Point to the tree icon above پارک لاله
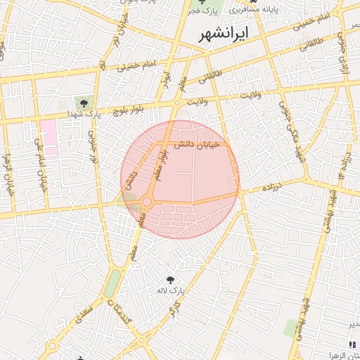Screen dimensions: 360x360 click(169, 280)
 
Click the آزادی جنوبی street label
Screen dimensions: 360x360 click(343, 53)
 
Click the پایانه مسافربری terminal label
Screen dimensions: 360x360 click(259, 11)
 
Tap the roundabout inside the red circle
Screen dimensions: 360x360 click(147, 202)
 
